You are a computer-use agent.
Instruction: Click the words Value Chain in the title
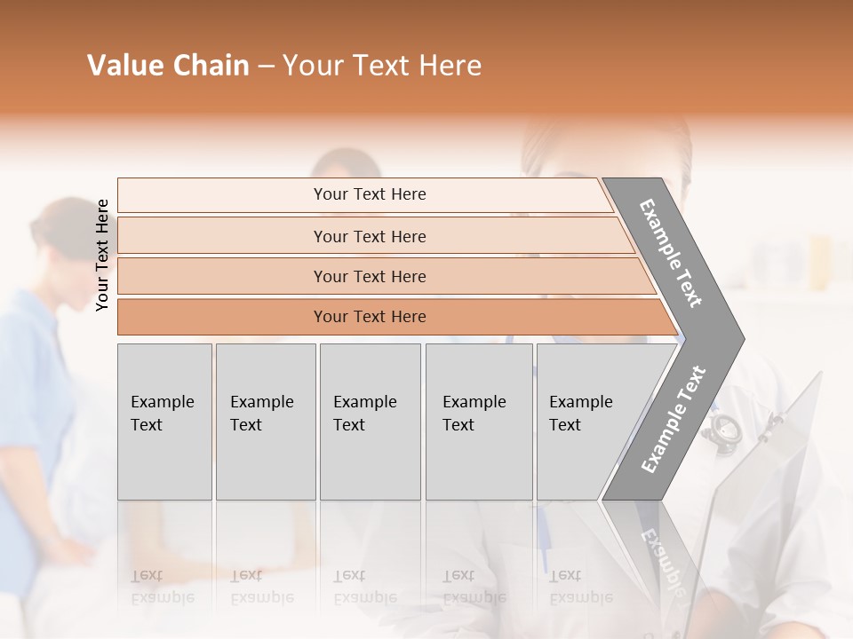click(168, 66)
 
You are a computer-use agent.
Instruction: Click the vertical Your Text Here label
click(102, 256)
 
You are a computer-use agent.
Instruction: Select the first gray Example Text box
click(164, 422)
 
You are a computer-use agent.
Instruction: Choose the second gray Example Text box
click(266, 422)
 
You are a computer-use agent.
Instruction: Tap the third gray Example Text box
click(370, 422)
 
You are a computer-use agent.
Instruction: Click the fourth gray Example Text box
click(479, 422)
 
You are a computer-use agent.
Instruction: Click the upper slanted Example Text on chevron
click(671, 253)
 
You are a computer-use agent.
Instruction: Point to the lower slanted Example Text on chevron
click(674, 419)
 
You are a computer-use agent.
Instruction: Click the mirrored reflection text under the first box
click(163, 587)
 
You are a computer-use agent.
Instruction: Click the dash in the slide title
click(266, 67)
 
